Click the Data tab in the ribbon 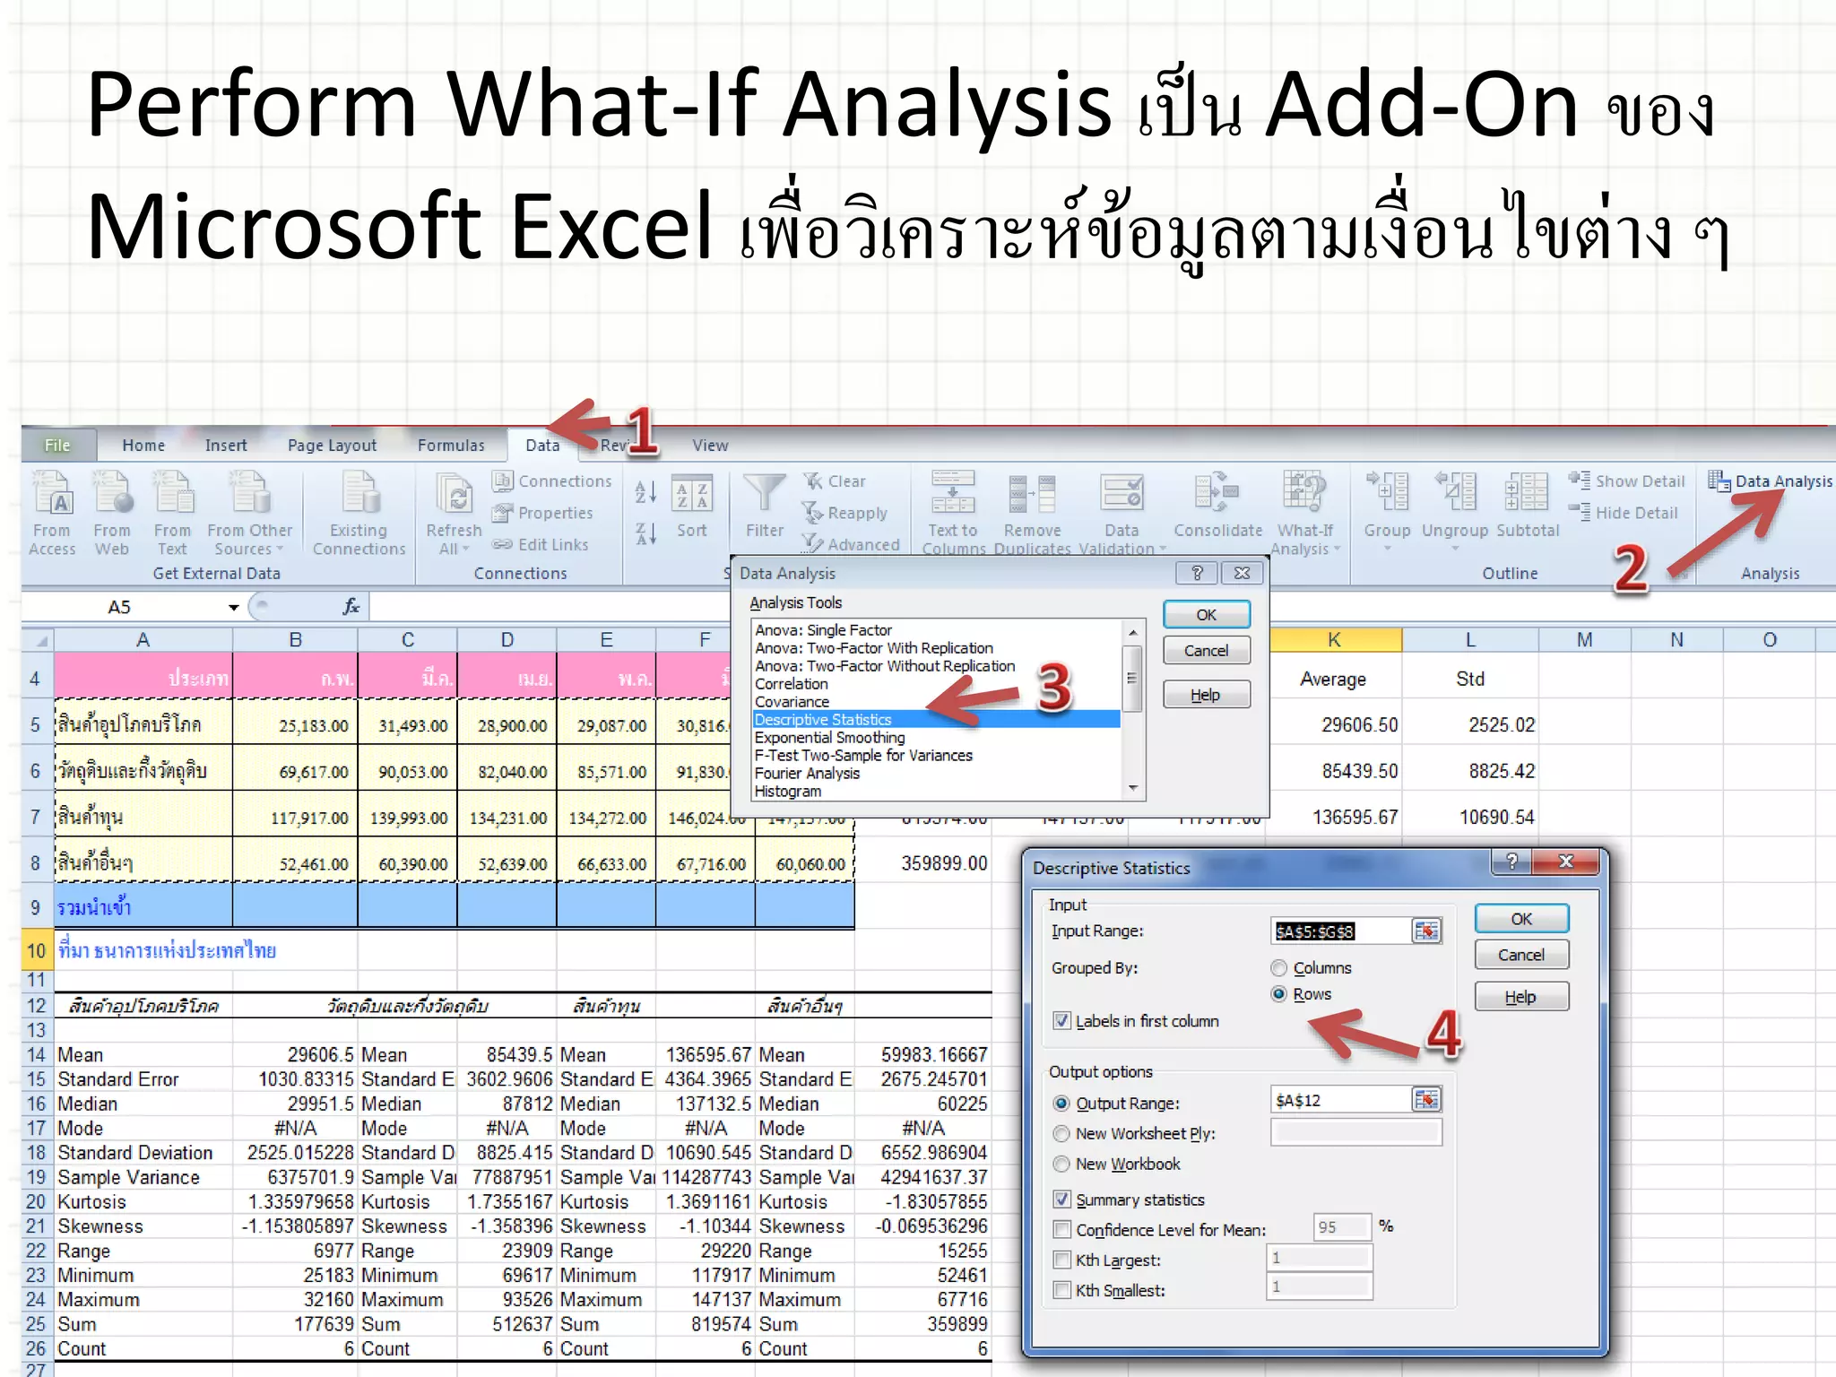point(541,445)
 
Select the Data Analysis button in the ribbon point(1771,481)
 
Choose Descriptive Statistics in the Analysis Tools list point(823,720)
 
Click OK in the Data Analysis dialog point(1206,615)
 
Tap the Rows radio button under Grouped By point(1279,994)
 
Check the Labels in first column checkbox point(1062,1021)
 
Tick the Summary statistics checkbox point(1062,1199)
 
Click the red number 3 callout point(1053,688)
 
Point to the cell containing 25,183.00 point(313,725)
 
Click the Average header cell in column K point(1333,680)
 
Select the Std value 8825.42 point(1502,771)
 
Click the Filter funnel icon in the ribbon point(764,494)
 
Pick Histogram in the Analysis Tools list point(788,792)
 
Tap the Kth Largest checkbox point(1062,1260)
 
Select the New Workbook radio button point(1062,1165)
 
